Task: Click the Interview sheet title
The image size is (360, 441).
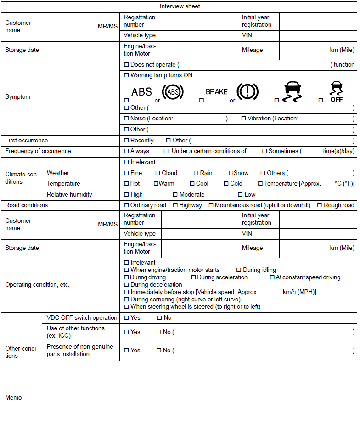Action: [180, 6]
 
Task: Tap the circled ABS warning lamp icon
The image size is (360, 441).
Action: [173, 92]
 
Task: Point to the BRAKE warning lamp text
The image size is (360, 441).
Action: [217, 92]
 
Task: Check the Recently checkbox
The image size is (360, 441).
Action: [127, 141]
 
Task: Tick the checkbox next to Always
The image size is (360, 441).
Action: [127, 151]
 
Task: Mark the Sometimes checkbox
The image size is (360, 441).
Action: [264, 151]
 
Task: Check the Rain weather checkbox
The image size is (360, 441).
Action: [196, 173]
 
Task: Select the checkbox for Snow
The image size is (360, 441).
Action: [231, 173]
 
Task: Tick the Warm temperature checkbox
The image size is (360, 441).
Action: [156, 184]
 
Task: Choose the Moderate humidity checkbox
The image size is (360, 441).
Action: [175, 195]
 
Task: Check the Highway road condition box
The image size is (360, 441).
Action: [175, 205]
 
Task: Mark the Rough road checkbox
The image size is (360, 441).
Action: [320, 205]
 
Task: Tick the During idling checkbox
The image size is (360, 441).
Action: [239, 270]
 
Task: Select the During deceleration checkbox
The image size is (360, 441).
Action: [127, 285]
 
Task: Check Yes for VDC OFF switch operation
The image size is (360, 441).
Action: [127, 318]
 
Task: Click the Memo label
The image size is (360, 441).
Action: [13, 398]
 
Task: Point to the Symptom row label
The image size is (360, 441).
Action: [17, 97]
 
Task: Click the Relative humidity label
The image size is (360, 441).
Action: [69, 195]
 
